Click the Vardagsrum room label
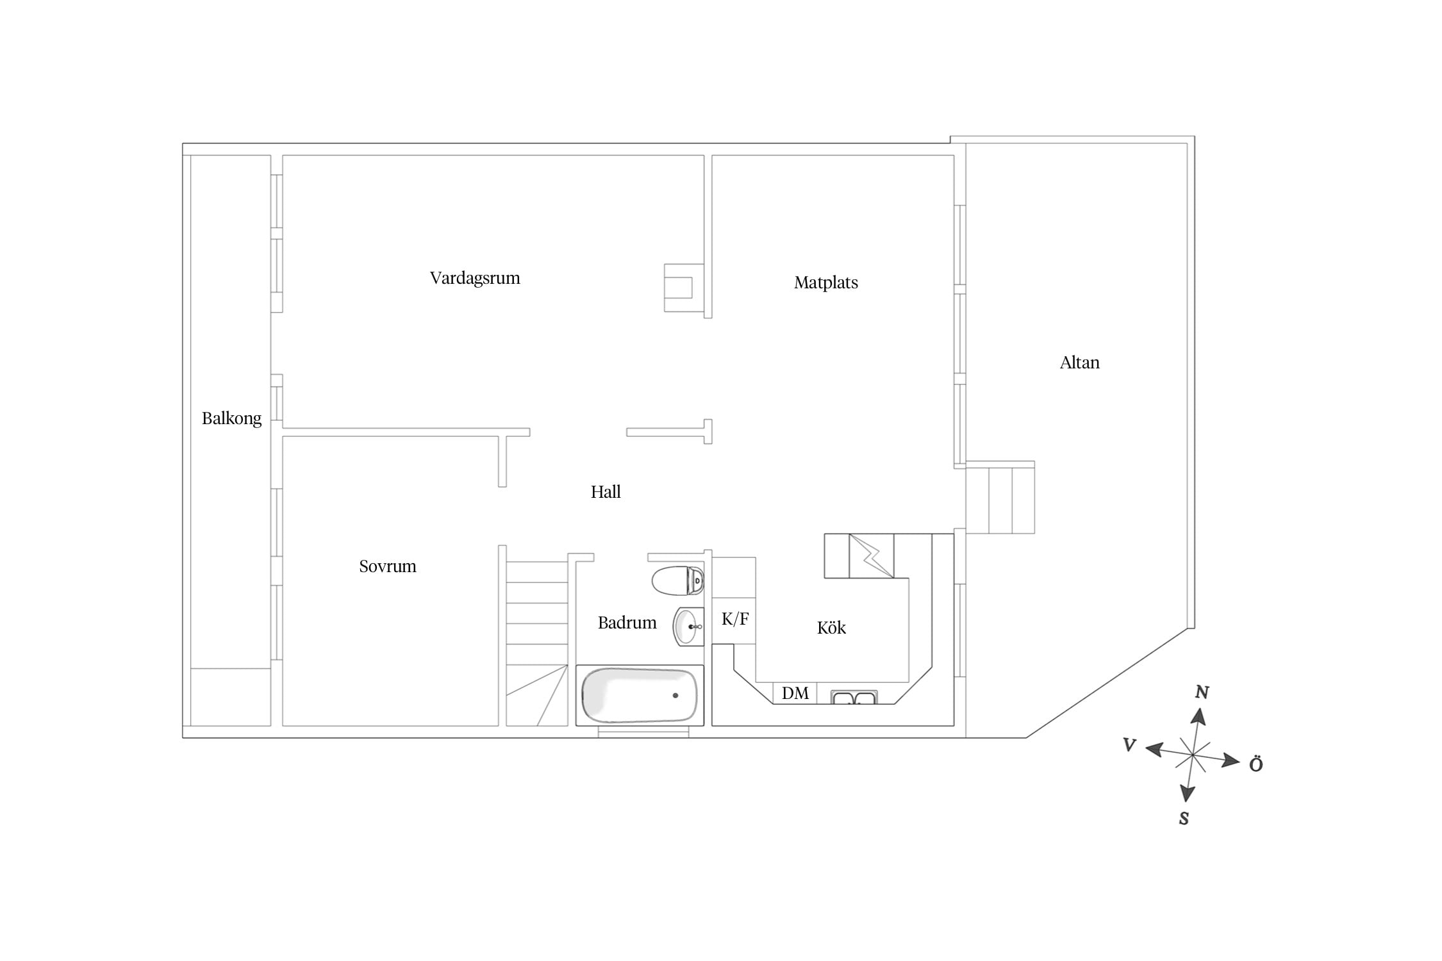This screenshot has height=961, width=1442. click(475, 279)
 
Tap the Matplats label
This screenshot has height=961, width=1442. click(825, 283)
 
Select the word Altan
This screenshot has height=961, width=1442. click(1079, 363)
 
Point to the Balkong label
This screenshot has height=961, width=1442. click(231, 419)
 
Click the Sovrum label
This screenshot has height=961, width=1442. click(387, 566)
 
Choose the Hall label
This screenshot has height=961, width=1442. click(606, 492)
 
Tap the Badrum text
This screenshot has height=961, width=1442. click(627, 623)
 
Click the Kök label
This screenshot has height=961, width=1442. click(831, 627)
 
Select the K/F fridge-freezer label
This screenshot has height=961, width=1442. click(735, 619)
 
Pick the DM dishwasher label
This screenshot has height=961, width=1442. click(795, 693)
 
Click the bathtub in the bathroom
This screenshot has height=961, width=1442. click(640, 695)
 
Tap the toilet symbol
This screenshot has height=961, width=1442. click(678, 580)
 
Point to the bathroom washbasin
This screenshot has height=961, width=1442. click(688, 627)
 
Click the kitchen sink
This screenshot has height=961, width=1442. click(854, 698)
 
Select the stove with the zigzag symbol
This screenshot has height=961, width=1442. click(871, 555)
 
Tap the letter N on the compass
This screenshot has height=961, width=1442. click(1202, 692)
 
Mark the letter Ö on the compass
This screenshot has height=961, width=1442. click(1256, 764)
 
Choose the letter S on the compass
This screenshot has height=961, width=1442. click(1184, 819)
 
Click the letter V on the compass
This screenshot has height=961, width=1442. click(1129, 744)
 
